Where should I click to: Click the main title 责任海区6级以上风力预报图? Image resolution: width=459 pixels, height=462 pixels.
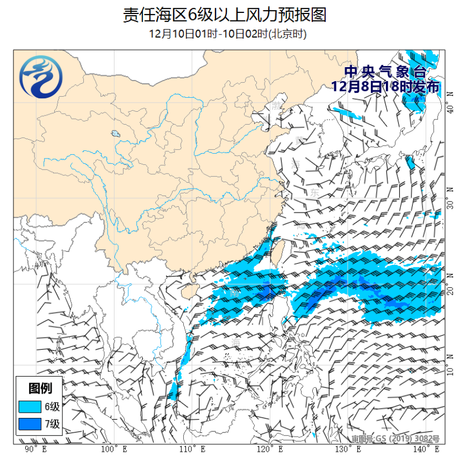tap(225, 15)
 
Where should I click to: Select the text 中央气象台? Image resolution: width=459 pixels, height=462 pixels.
tap(385, 72)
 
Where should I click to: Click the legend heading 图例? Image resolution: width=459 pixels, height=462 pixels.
tap(40, 388)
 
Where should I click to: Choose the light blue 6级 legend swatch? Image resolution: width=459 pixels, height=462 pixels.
tap(31, 406)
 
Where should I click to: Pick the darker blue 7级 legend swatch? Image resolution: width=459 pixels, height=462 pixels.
tap(31, 424)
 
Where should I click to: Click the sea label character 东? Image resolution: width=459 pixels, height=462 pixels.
tap(314, 192)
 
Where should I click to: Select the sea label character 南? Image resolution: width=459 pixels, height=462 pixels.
tap(235, 293)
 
